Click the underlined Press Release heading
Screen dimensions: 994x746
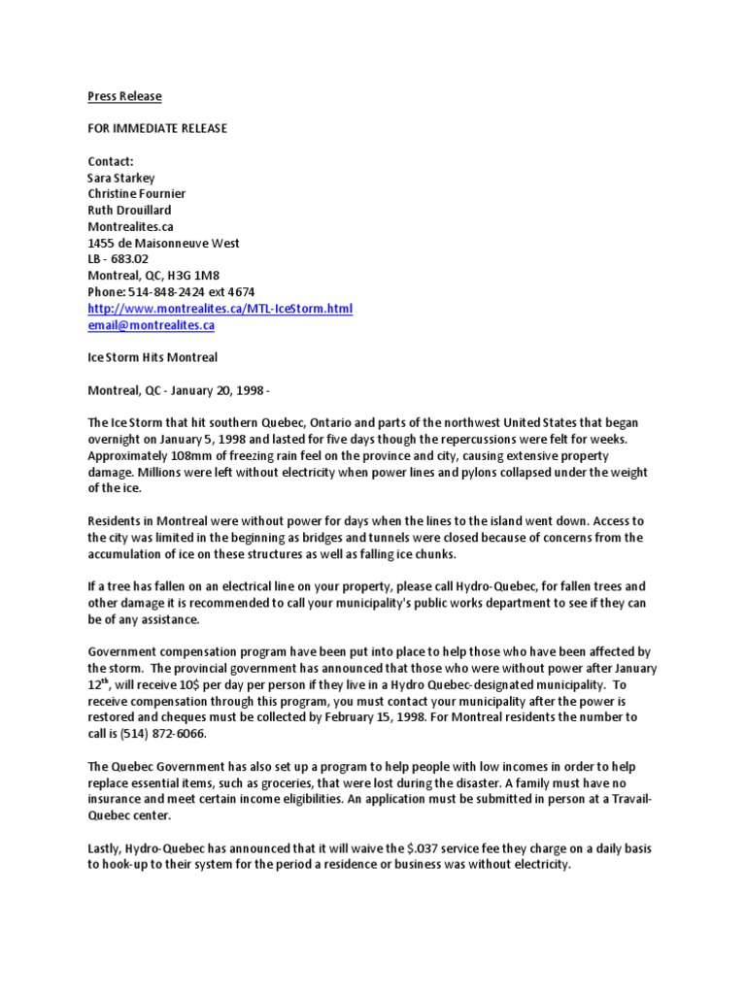124,96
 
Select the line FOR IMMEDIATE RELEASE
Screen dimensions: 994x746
157,129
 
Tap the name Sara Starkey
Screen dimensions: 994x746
121,178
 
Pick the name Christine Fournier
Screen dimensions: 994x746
136,194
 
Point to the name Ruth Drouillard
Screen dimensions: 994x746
130,211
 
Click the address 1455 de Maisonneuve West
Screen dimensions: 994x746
163,243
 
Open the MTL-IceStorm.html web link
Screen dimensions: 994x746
220,309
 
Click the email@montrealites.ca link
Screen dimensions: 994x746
151,325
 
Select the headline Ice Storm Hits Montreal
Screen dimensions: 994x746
153,357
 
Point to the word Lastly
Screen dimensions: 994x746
107,848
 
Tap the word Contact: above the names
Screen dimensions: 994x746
110,161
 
